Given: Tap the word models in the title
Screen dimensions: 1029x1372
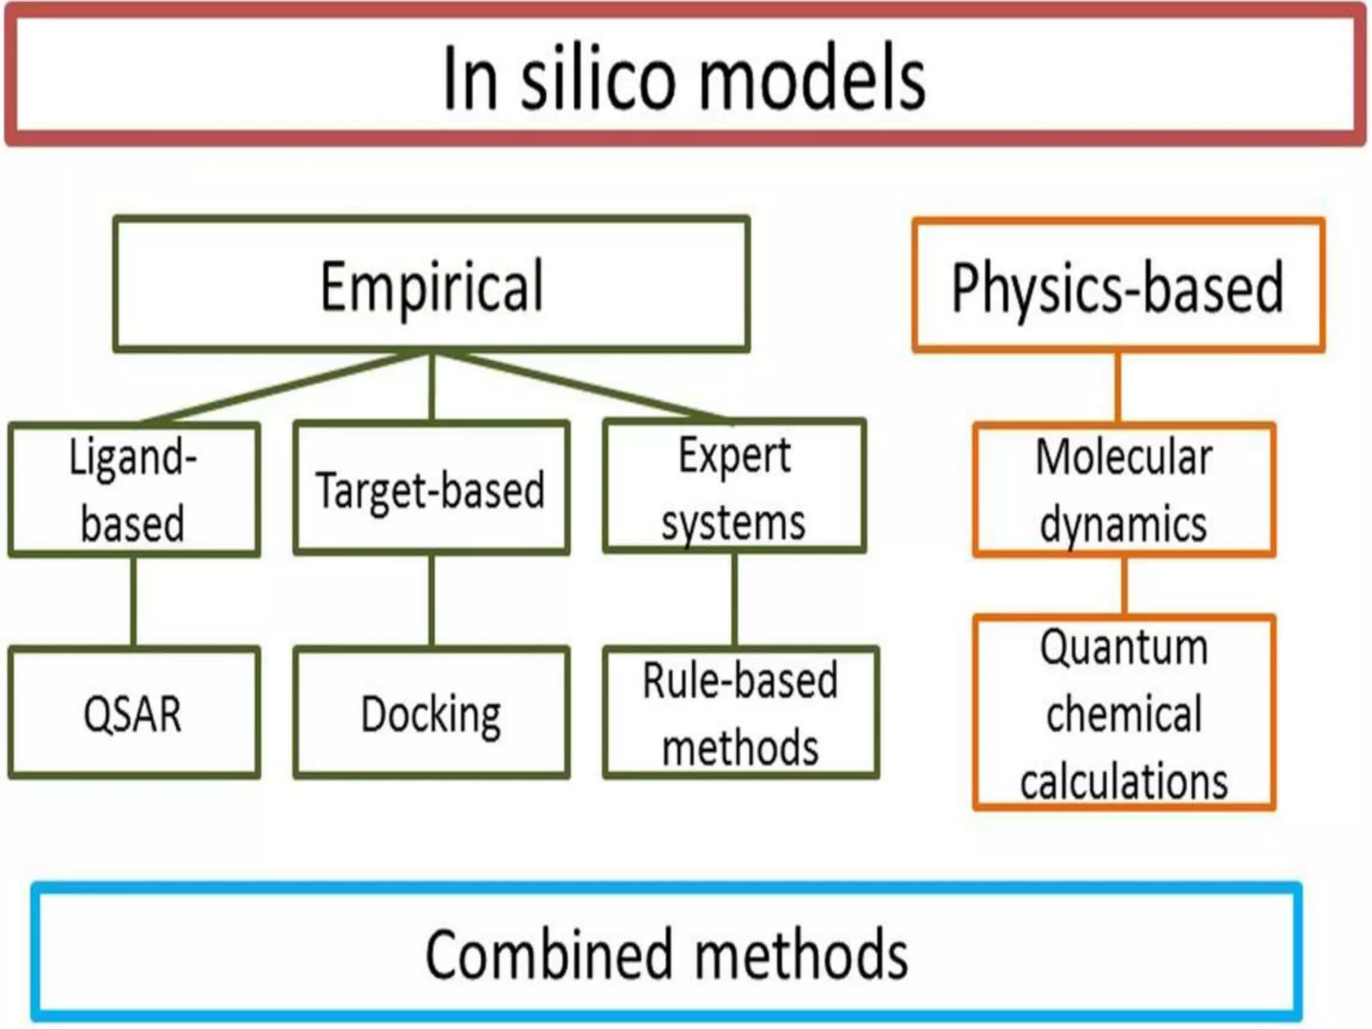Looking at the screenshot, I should click(x=812, y=79).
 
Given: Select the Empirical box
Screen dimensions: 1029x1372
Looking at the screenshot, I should click(x=431, y=285).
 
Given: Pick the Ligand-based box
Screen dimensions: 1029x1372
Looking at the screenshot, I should click(x=133, y=490).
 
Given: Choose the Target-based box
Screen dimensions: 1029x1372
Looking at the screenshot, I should click(x=431, y=488).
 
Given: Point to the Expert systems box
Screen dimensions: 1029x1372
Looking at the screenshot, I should click(x=734, y=487).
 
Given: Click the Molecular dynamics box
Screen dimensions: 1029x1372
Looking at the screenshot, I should click(x=1123, y=490).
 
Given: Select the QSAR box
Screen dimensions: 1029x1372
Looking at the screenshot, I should click(x=133, y=713).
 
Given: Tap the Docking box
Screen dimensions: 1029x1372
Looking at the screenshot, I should click(x=431, y=713).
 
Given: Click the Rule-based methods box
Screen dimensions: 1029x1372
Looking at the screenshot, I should click(x=740, y=713).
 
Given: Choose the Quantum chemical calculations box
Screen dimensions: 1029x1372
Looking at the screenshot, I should click(x=1123, y=713).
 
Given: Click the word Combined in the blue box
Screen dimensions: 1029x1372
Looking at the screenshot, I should click(x=547, y=954).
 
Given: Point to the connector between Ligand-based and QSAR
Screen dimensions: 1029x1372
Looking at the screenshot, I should click(x=133, y=601).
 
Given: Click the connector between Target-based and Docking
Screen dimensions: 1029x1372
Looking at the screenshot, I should click(x=431, y=601).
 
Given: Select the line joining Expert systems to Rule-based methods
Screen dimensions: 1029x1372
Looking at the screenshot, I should click(x=735, y=601).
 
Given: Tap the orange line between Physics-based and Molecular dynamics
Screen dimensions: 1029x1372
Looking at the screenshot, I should click(x=1117, y=387).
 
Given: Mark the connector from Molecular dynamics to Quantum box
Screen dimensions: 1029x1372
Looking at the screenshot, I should click(x=1123, y=586).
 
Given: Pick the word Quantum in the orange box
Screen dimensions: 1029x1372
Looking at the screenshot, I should click(x=1123, y=647).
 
